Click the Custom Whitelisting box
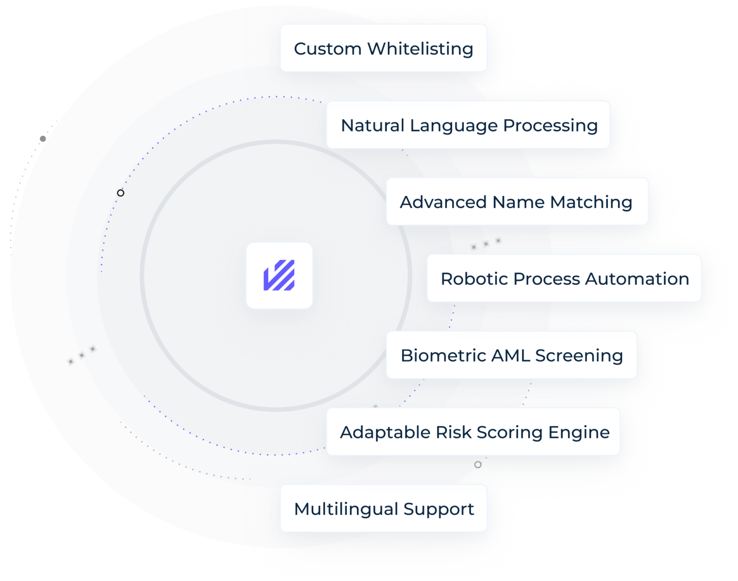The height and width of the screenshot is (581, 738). [383, 48]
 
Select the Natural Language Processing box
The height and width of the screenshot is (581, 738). [468, 125]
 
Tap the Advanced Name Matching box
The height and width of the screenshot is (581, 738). [517, 202]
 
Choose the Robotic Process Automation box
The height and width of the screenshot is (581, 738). [564, 278]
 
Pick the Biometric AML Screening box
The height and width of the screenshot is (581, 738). [512, 355]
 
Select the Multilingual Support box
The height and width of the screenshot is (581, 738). [383, 508]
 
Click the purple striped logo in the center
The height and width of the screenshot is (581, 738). [279, 276]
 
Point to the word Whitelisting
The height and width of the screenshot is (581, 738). [420, 48]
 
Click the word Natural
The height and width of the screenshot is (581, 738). [371, 125]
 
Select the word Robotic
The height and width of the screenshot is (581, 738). [474, 278]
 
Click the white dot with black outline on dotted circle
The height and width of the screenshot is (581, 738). [121, 193]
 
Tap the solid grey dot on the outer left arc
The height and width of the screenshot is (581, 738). [43, 139]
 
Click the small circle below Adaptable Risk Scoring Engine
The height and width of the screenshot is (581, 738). [478, 465]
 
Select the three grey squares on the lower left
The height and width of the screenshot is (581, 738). [82, 355]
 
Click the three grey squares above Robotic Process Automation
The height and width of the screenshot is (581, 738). [486, 243]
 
